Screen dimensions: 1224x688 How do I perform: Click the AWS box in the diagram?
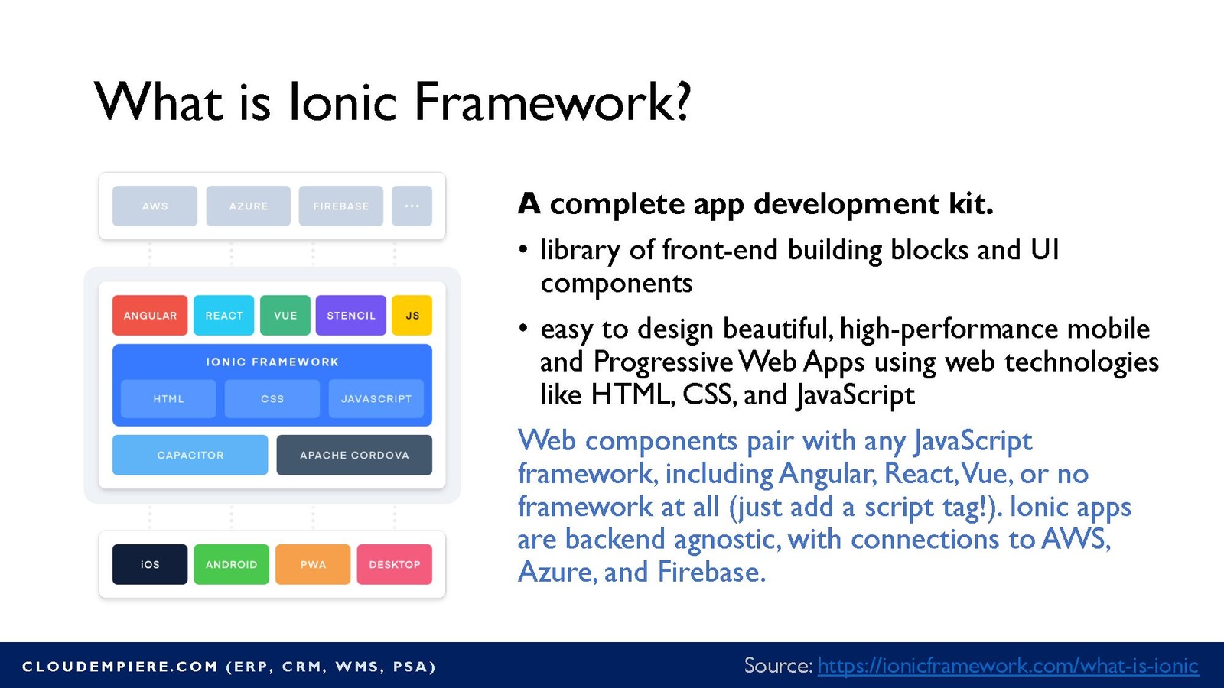(155, 206)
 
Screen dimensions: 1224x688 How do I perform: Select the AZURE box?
(248, 206)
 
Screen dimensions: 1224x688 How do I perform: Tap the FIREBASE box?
(341, 206)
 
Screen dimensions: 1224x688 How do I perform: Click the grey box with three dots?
(412, 206)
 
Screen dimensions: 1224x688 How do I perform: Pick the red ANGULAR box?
(150, 315)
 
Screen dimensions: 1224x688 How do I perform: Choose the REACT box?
(224, 315)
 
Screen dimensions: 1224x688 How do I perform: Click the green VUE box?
(285, 315)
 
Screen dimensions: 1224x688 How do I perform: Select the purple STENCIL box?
(351, 315)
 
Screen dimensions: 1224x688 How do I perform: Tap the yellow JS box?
(412, 315)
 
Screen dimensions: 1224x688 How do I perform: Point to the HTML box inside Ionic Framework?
(168, 398)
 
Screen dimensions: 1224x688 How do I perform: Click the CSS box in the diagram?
(272, 398)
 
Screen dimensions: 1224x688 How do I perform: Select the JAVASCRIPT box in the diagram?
(376, 398)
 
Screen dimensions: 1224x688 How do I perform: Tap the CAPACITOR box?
(190, 455)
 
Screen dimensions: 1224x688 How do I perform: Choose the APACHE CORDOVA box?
(354, 455)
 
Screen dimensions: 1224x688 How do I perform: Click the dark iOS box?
(150, 564)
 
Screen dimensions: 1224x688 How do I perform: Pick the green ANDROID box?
(232, 564)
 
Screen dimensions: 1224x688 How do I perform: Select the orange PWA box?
(313, 564)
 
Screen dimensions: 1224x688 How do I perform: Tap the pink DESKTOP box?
(395, 564)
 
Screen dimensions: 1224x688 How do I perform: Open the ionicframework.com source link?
(1008, 666)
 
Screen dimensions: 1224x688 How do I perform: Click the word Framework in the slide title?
(552, 102)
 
